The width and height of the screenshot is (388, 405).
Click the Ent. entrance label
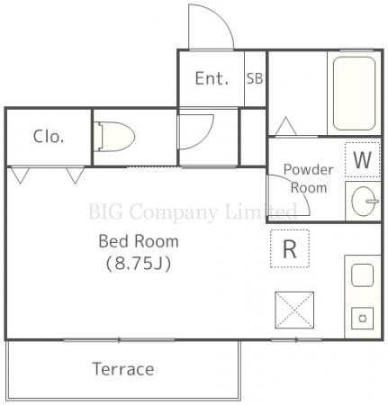point(212,78)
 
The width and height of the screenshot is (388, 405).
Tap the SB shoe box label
point(255,78)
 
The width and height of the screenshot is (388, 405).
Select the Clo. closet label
point(49,137)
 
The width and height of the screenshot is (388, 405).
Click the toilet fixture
point(114,137)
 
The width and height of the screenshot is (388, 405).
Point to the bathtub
point(354,94)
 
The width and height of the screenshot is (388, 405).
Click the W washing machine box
point(363,160)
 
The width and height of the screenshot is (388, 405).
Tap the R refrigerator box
point(290,248)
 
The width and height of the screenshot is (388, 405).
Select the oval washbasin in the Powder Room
point(365,201)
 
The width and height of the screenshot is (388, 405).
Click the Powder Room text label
point(309,179)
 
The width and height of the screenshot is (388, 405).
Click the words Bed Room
point(139,241)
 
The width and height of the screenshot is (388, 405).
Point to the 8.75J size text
point(139,264)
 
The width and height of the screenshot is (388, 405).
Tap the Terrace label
point(123,369)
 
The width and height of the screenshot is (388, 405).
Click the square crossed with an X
point(294,310)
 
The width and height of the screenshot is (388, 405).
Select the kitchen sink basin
point(363,275)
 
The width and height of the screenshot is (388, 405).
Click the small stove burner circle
point(363,319)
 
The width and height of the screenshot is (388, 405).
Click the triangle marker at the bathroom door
point(285,126)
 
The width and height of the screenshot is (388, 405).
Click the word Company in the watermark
point(173,211)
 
